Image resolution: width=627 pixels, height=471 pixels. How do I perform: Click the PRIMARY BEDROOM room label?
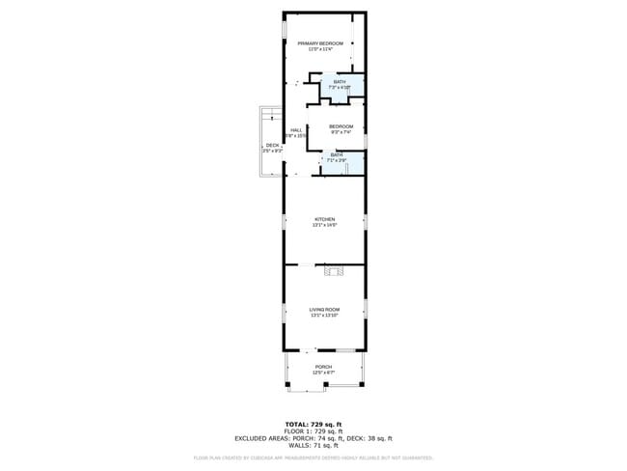(320, 43)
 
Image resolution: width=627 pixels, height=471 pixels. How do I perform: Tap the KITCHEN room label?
(324, 220)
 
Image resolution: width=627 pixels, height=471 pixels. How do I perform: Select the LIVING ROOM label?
(324, 309)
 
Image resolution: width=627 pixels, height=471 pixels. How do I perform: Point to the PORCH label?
(324, 367)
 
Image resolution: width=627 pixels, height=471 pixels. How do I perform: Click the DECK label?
(272, 146)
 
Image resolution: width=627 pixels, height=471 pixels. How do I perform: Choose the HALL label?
(297, 130)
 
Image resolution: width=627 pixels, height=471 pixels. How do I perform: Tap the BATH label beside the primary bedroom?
(339, 82)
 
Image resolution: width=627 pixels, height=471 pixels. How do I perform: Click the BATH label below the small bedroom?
(337, 154)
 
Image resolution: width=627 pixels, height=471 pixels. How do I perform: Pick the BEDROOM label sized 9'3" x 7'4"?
(341, 126)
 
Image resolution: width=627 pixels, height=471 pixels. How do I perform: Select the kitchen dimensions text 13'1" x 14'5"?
(324, 226)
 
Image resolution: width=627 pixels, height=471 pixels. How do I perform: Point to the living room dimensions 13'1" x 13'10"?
(324, 315)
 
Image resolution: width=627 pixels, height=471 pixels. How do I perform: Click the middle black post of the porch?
(326, 386)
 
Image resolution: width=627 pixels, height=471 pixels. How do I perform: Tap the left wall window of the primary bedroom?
(284, 29)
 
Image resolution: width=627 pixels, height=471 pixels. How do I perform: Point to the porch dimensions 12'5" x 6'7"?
(324, 373)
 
